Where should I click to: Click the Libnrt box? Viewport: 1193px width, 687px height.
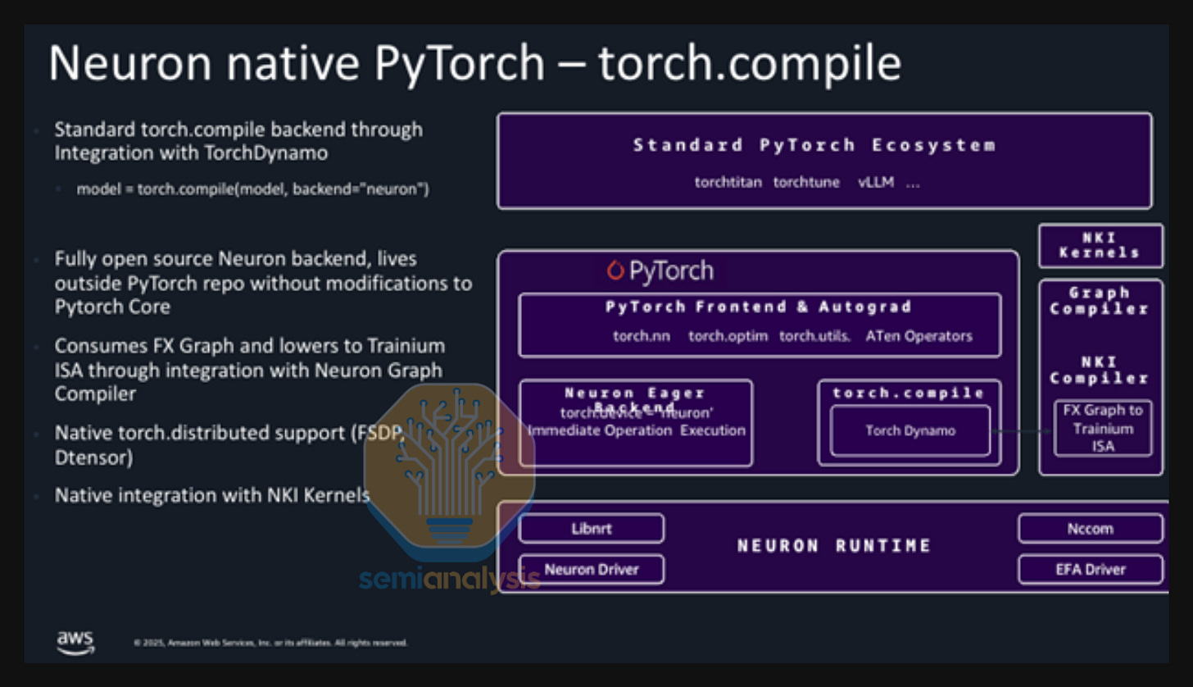pos(592,529)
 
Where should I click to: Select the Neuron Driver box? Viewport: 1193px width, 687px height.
pos(592,569)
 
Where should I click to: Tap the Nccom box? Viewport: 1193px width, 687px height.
pos(1090,529)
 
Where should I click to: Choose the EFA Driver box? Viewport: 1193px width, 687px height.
pos(1090,569)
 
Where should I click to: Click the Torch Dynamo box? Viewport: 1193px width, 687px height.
pos(909,430)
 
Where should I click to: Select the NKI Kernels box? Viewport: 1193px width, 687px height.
pos(1100,245)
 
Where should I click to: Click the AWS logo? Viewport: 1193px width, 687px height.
pos(75,642)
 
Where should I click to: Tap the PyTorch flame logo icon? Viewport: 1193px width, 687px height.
pos(615,270)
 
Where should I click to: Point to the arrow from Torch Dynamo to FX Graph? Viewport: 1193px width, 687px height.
pos(1021,430)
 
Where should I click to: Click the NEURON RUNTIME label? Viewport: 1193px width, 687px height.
pos(834,546)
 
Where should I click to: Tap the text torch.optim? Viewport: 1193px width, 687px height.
pos(728,336)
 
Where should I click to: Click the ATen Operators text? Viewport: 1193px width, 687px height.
pos(919,336)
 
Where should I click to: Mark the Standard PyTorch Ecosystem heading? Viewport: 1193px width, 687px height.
pos(814,146)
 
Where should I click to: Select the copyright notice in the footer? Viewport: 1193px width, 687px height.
pos(270,643)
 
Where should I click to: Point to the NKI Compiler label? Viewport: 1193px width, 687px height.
pos(1100,370)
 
